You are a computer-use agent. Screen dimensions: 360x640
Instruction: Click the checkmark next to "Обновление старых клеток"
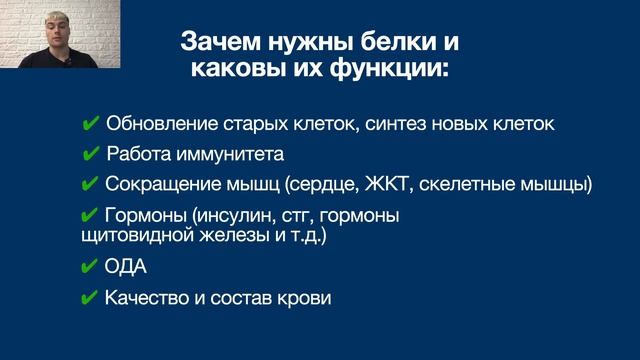coord(89,125)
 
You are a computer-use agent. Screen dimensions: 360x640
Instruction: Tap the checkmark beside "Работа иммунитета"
coord(89,155)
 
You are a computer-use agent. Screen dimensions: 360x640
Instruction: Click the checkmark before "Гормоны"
coord(89,216)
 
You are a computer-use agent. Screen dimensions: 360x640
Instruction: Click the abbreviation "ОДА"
coord(126,268)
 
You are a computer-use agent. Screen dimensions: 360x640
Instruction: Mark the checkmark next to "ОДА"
coord(89,268)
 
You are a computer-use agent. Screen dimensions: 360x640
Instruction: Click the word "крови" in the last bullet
coord(305,298)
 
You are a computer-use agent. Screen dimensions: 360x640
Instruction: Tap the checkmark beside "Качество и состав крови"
coord(89,298)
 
